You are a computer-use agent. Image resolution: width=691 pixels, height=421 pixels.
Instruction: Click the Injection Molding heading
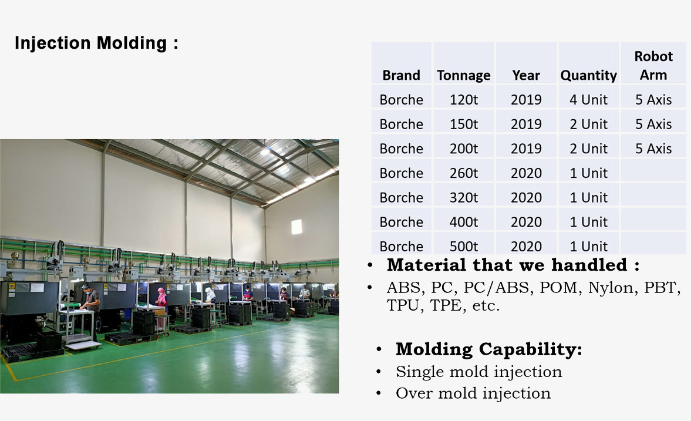point(96,43)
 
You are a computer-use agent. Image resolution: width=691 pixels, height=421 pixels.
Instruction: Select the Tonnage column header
point(464,75)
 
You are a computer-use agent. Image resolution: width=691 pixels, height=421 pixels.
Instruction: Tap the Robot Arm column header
point(653,65)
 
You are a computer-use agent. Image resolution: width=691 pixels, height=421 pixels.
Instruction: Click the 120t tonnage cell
point(464,100)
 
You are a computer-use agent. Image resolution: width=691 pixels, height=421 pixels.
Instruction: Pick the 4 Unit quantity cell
point(588,100)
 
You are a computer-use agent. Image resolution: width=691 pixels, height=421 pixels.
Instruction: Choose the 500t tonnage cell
point(464,246)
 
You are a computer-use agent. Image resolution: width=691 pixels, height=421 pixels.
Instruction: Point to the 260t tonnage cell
point(464,173)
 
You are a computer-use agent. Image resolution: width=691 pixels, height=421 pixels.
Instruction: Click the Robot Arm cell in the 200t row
point(653,149)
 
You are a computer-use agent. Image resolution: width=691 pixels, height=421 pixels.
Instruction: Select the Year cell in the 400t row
point(526,222)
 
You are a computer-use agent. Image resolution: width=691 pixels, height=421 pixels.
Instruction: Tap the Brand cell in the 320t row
point(401,197)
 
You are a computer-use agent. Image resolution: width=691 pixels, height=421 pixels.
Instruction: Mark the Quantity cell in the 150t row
point(588,124)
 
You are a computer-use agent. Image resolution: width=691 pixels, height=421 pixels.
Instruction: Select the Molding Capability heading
point(488,349)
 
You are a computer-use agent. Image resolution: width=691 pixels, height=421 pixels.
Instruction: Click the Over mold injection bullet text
point(473,393)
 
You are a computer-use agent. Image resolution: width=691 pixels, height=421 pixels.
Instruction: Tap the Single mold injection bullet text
point(478,372)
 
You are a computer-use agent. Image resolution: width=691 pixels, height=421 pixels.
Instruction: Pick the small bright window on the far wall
point(296,227)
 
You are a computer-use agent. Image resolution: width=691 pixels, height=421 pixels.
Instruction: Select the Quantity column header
point(588,75)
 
